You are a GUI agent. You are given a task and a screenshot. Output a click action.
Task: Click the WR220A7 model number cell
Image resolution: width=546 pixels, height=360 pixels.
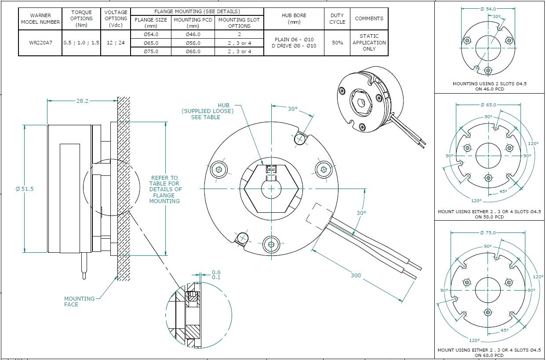click(40, 43)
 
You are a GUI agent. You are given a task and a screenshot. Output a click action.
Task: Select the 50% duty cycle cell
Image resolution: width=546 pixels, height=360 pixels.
click(337, 43)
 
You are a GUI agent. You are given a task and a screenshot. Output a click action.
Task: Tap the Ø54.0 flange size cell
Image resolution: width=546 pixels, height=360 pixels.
click(151, 34)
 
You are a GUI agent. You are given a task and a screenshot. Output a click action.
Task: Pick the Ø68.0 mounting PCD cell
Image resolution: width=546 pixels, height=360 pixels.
click(193, 51)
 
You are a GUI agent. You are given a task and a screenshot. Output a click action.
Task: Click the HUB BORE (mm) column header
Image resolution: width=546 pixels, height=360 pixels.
click(294, 18)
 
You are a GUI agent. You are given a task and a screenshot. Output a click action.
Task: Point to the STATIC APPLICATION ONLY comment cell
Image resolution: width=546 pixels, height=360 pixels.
click(369, 43)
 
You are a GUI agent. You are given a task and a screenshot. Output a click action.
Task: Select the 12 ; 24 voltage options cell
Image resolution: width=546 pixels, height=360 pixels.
click(116, 43)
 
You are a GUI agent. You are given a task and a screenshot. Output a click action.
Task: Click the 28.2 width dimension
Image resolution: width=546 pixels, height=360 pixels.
click(82, 101)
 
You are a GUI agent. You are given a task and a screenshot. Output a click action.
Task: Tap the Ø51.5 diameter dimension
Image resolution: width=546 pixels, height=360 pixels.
click(25, 189)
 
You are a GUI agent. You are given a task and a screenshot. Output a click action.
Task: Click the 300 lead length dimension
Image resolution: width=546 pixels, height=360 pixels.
click(356, 276)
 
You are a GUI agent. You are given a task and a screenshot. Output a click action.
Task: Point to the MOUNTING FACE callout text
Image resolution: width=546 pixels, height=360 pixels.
click(79, 302)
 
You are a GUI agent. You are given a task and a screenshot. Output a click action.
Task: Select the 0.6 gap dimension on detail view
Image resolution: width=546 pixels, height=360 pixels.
click(216, 272)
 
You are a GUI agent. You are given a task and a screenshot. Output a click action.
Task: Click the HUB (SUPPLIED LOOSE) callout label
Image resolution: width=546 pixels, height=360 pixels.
click(207, 111)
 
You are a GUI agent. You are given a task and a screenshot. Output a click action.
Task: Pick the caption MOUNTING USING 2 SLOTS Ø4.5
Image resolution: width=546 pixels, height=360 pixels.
click(489, 84)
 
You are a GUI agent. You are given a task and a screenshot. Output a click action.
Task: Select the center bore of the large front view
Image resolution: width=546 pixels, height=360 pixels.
click(271, 189)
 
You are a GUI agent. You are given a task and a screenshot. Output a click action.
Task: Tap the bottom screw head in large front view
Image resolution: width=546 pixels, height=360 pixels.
click(271, 244)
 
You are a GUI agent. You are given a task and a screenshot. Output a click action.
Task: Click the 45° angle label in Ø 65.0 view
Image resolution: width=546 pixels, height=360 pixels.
click(503, 191)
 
